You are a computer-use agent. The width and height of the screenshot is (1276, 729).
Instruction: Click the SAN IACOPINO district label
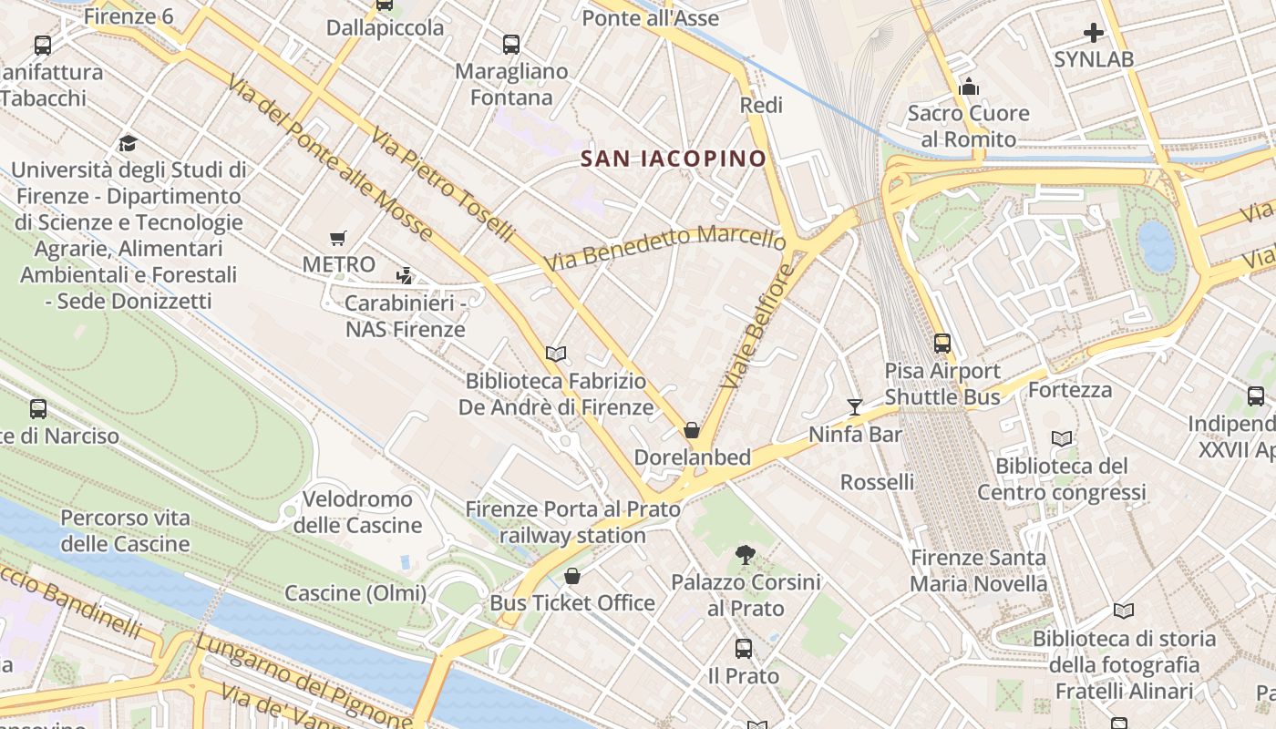point(674,159)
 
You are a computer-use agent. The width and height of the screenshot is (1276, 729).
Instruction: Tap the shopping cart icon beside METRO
point(338,238)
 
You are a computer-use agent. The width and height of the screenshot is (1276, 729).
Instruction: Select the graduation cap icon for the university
point(128,144)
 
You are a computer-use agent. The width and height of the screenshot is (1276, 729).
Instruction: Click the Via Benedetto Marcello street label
point(665,248)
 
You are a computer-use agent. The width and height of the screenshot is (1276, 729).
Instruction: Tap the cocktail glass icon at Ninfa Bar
point(854,406)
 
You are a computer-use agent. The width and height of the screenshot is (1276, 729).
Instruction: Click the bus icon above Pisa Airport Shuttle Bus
point(942,344)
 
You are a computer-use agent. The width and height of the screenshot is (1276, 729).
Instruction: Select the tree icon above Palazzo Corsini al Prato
point(746,554)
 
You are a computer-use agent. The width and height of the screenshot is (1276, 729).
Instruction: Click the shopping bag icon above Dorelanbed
point(692,430)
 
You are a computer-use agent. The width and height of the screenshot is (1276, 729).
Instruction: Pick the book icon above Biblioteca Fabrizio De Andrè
point(555,354)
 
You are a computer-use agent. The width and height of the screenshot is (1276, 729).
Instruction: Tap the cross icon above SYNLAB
point(1093,34)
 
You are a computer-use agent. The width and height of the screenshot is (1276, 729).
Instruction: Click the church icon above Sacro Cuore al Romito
point(968,87)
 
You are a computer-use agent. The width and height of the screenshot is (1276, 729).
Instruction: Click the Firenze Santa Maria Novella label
point(979,570)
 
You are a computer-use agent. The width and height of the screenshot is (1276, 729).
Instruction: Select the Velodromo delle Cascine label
point(357,512)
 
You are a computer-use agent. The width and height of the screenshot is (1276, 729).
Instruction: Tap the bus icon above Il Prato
point(744,649)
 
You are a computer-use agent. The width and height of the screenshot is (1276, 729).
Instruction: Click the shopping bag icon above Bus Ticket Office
point(571,576)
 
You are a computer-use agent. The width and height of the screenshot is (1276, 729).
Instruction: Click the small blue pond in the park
point(1157,246)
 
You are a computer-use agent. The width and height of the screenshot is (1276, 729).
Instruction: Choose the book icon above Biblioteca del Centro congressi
point(1061,438)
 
